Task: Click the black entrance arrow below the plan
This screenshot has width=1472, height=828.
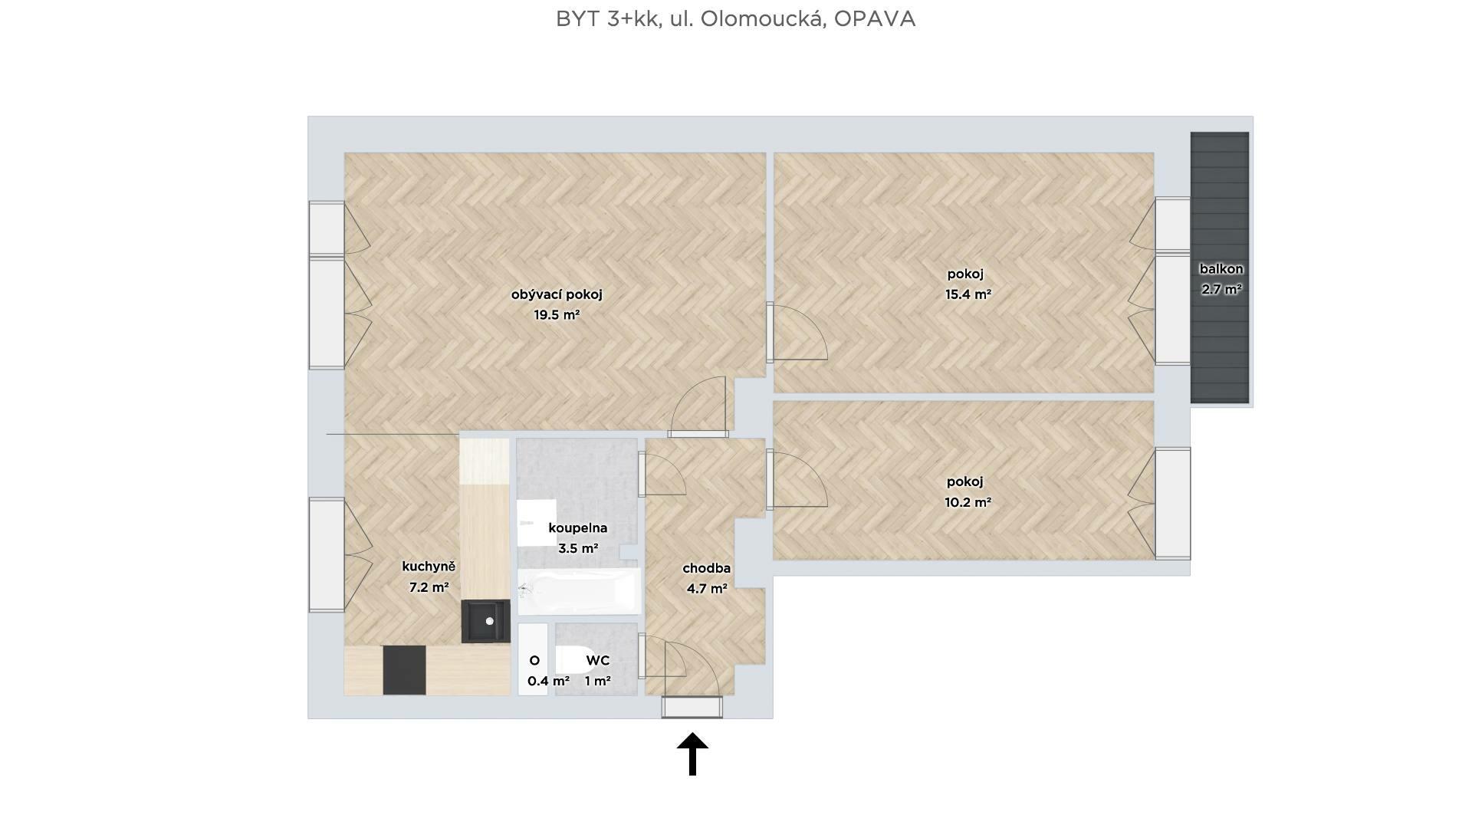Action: pos(692,754)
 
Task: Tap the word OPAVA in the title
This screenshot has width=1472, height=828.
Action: pos(875,19)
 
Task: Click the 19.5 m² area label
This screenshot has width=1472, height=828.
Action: pos(557,314)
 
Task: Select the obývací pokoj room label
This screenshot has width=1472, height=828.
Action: pos(557,294)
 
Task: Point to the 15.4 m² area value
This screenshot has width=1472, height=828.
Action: pos(968,294)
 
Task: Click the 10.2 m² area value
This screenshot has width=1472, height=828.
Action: pos(968,502)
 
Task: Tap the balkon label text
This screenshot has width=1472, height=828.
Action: pos(1221,269)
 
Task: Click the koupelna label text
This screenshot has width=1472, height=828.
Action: pos(578,527)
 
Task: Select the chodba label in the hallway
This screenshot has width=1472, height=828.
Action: pos(706,568)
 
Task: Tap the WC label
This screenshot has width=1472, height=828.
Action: pos(598,660)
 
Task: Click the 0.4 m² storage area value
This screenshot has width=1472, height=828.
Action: pos(548,681)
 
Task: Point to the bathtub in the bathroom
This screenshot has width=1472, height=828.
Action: pos(579,591)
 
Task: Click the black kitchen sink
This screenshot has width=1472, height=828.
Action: pos(485,621)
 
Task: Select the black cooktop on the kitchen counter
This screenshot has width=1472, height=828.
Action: pos(404,670)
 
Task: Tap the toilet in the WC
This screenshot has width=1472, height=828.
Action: pos(571,660)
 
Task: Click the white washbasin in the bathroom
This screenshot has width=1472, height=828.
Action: pos(537,523)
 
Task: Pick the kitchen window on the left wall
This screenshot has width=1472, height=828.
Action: pos(327,555)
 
